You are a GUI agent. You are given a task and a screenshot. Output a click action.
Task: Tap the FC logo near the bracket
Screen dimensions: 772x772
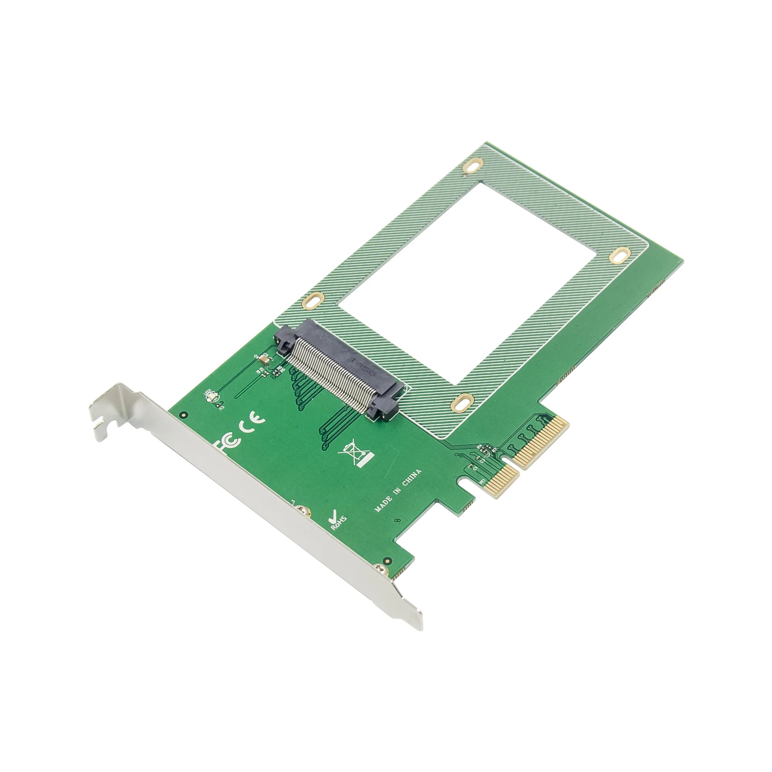coord(229,443)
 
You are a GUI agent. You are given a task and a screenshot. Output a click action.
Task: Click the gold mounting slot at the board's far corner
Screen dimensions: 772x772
coord(474,166)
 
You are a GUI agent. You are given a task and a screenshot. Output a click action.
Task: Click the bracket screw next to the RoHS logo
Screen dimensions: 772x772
coord(303,511)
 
